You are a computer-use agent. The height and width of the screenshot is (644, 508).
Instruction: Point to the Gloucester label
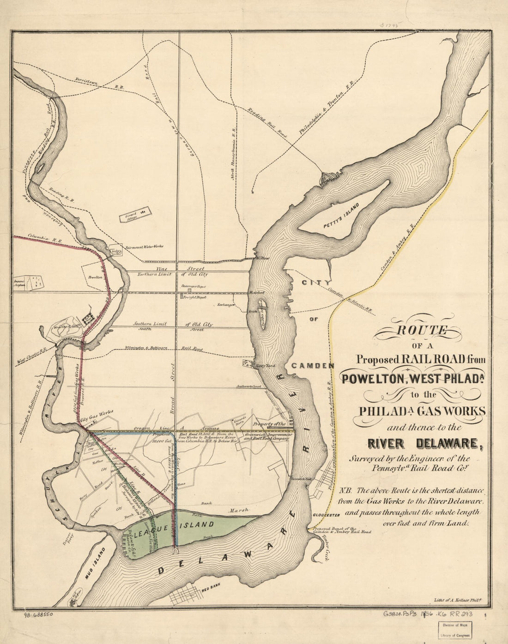[x=326, y=515]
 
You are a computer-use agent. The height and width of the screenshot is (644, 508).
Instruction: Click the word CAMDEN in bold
[x=312, y=365]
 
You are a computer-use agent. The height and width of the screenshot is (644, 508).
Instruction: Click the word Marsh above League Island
[x=240, y=510]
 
